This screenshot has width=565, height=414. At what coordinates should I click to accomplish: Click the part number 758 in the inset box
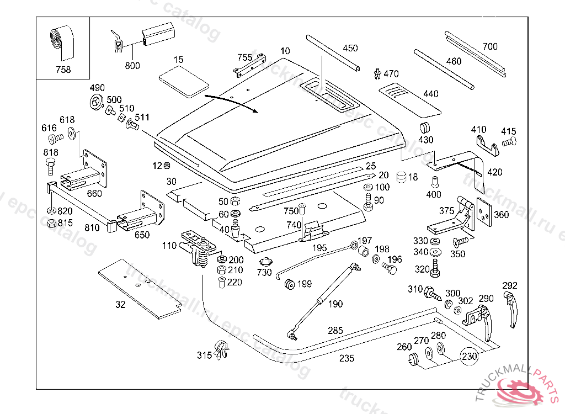(63, 70)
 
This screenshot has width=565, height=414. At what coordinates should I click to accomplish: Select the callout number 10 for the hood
(285, 51)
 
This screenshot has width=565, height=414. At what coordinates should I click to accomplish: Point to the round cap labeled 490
(97, 103)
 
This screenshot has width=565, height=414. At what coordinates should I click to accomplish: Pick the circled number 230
(470, 357)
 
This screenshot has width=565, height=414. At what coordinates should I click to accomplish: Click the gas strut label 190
(335, 304)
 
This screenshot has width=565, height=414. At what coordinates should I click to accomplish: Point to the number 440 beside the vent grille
(430, 94)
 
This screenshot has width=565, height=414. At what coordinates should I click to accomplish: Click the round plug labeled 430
(425, 128)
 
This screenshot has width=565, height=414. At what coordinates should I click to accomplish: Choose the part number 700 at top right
(489, 47)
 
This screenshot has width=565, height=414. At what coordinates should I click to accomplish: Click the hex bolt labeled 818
(51, 164)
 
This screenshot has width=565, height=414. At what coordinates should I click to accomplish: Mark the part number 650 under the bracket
(142, 235)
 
